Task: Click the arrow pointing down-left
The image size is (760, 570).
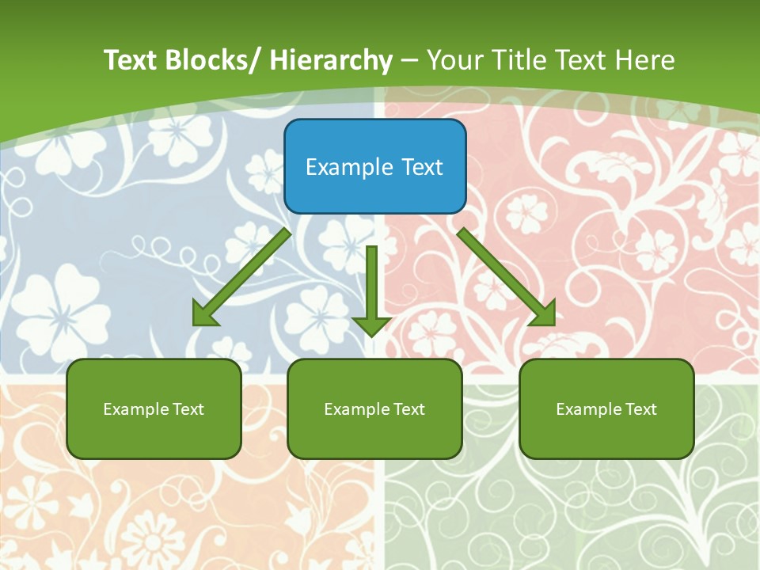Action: pos(241,277)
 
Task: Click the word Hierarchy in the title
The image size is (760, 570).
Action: pos(331,60)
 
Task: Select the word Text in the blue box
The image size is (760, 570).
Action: pos(421,167)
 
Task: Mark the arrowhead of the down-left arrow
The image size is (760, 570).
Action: pos(203,314)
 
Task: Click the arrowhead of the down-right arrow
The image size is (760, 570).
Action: pos(544,314)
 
